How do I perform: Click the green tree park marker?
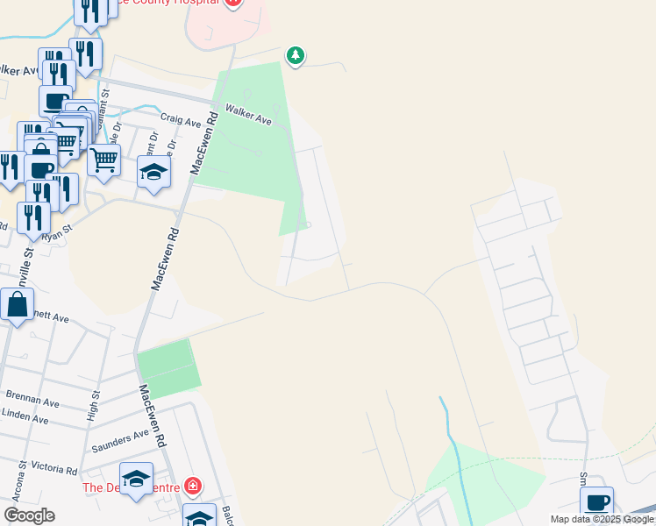(x=296, y=56)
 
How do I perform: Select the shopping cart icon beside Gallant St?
(x=104, y=160)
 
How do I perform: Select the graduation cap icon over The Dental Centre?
(x=136, y=479)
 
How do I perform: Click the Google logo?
(x=29, y=515)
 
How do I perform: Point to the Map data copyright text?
(x=601, y=519)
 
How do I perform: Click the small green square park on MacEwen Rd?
(x=168, y=368)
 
